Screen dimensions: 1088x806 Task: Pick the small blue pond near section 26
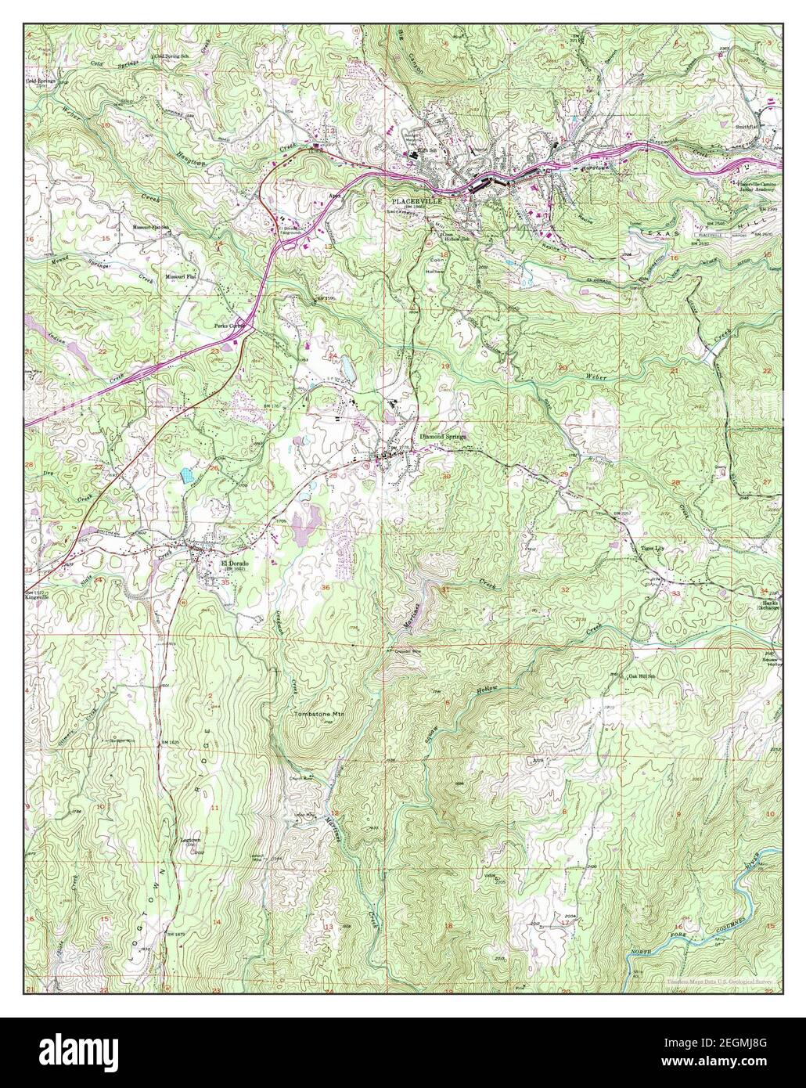tap(186, 474)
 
